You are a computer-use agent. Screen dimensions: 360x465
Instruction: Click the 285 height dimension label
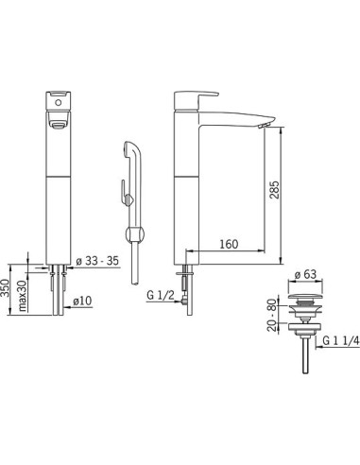[x=275, y=190]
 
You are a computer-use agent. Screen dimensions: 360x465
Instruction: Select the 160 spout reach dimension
[x=229, y=244]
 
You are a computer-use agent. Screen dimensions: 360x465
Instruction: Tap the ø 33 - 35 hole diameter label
[x=97, y=261]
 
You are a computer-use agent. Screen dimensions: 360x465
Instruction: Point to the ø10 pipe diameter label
[x=82, y=301]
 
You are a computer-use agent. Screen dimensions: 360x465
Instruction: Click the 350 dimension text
[x=6, y=288]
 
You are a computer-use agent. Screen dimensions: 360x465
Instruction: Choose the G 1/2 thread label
[x=161, y=295]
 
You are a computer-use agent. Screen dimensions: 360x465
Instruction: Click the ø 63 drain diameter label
[x=305, y=274]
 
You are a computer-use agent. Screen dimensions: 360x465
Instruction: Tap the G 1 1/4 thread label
[x=341, y=340]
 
